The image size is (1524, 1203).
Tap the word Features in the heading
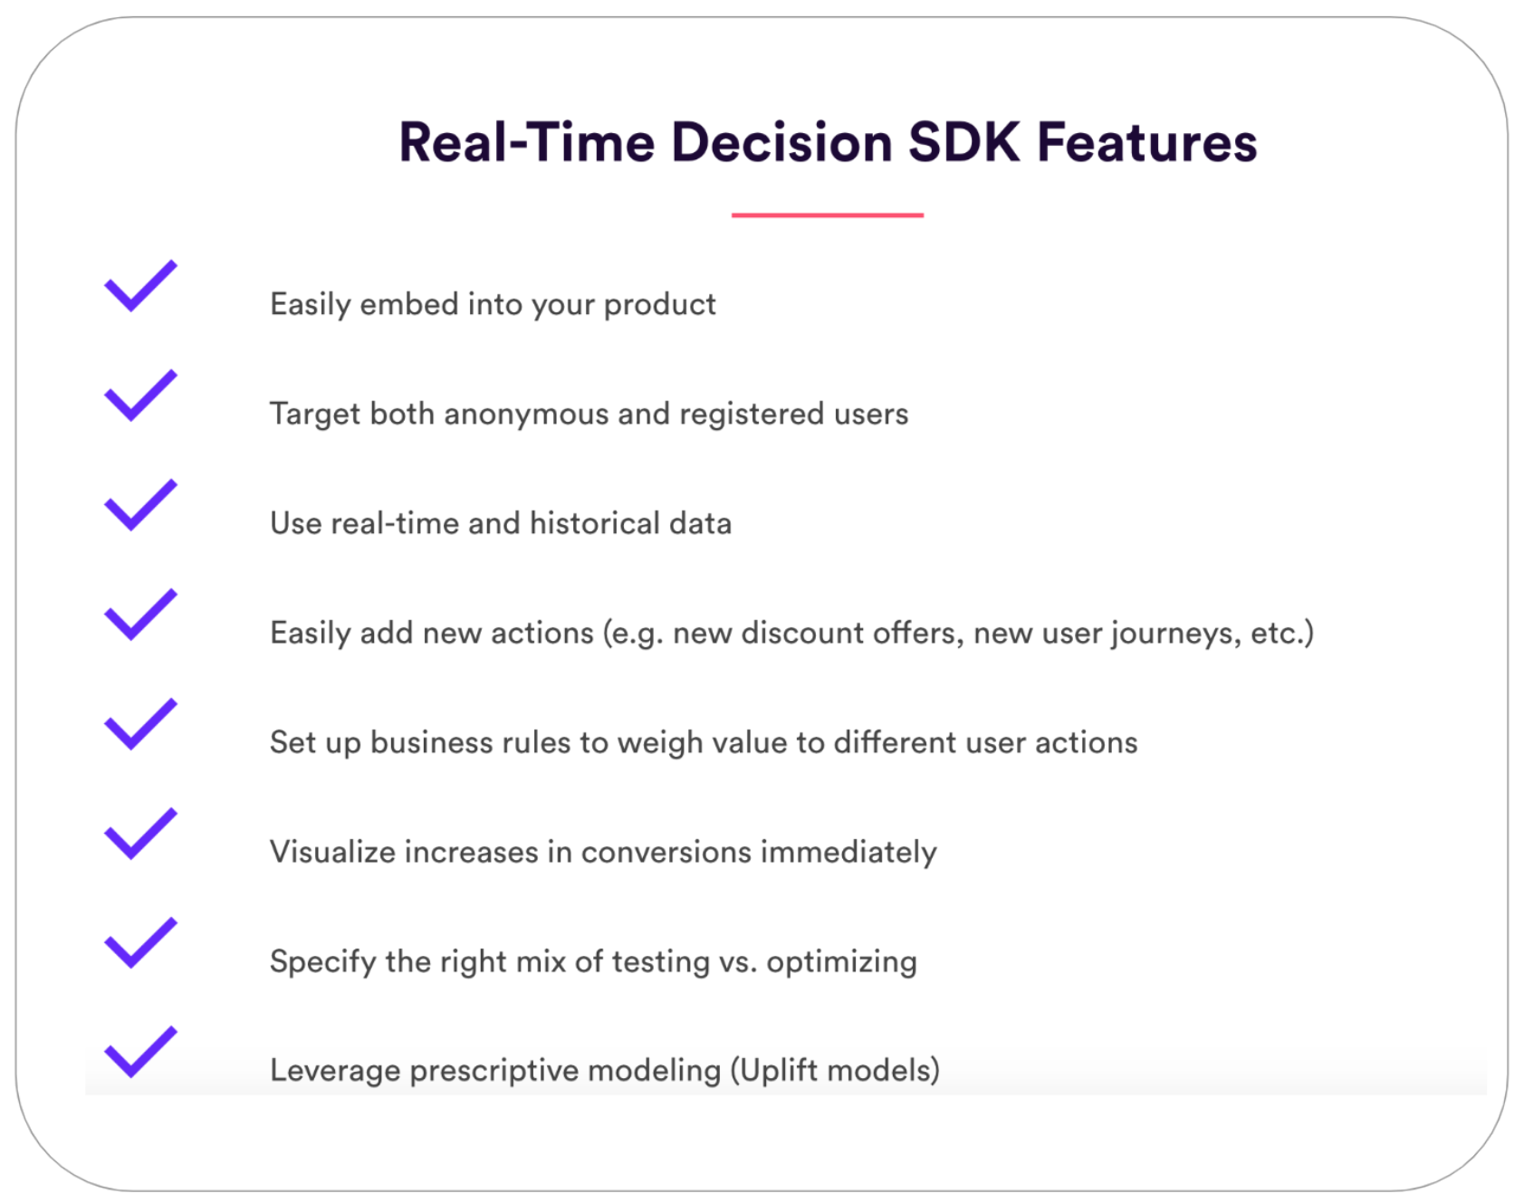(x=1147, y=142)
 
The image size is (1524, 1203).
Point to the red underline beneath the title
(x=828, y=215)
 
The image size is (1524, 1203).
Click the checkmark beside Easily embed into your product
(x=140, y=285)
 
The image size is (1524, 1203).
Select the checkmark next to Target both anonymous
(x=140, y=395)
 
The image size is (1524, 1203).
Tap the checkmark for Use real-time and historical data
(x=140, y=504)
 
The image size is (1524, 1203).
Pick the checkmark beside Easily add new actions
(x=140, y=614)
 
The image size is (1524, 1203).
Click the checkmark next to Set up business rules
(x=140, y=723)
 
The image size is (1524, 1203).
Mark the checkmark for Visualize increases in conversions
(x=140, y=833)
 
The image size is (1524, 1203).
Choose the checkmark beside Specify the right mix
(x=140, y=942)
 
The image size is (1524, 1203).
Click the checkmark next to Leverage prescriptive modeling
(x=140, y=1052)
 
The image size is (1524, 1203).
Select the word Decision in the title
(x=782, y=142)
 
